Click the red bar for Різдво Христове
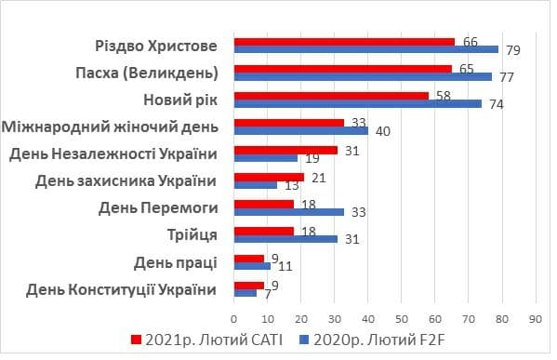(344, 41)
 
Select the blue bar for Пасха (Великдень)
(363, 76)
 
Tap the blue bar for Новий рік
(358, 103)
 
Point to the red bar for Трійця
(264, 230)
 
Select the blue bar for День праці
(252, 265)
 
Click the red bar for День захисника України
(269, 176)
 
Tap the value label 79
(511, 49)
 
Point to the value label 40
(381, 131)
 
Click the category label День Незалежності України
(114, 153)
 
